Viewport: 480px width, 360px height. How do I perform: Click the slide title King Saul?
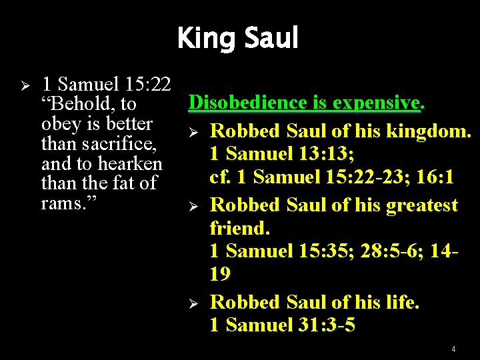237,38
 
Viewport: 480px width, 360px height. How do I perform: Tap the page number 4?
453,349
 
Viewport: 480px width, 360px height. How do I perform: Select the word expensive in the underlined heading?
376,103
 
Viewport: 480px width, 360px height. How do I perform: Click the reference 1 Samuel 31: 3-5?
282,325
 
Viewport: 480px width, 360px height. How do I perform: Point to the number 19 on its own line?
220,275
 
